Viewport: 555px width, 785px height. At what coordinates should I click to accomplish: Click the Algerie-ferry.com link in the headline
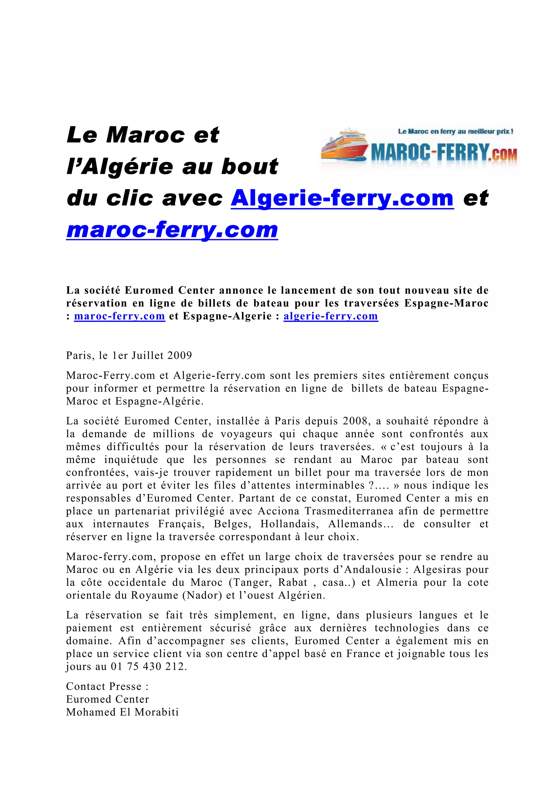point(342,199)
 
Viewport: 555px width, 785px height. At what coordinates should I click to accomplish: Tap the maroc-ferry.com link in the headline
point(172,230)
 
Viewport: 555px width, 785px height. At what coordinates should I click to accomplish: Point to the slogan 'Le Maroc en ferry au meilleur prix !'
point(456,132)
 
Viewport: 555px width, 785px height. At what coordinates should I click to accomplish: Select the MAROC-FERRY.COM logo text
point(444,153)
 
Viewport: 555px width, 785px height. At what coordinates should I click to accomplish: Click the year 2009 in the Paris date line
point(179,356)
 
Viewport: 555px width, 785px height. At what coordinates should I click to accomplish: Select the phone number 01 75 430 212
point(149,667)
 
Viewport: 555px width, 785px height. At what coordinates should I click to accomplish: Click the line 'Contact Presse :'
point(107,686)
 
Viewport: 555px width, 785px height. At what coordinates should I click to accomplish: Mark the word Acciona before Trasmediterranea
point(278,511)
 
